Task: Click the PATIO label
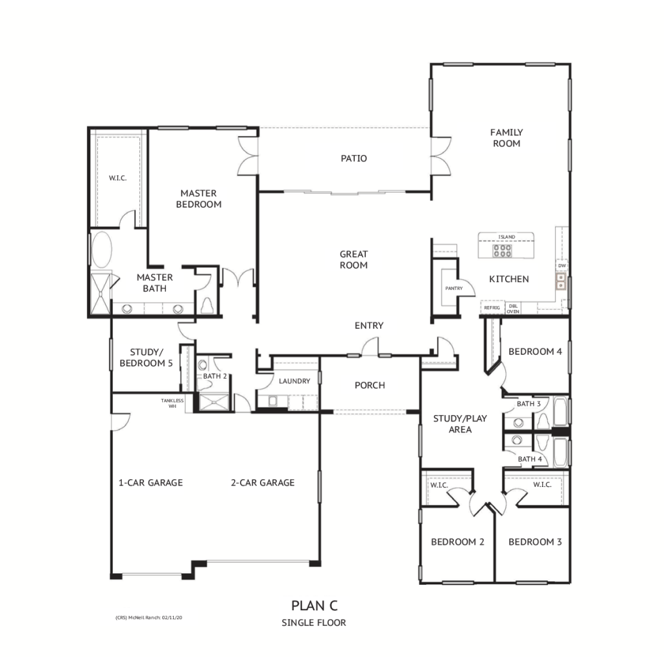click(353, 158)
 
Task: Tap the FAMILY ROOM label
click(506, 138)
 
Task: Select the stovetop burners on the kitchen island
click(503, 251)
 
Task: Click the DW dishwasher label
click(562, 265)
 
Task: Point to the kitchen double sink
click(561, 281)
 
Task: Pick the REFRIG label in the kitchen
click(492, 307)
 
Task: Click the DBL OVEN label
click(513, 309)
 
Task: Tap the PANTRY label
click(454, 289)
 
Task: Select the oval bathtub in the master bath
click(102, 250)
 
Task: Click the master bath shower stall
click(101, 293)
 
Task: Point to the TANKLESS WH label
click(172, 403)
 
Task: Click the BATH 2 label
click(215, 376)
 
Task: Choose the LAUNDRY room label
click(294, 381)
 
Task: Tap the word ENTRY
click(369, 326)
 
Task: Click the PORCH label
click(370, 385)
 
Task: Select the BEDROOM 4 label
click(535, 351)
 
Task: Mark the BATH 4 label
click(530, 459)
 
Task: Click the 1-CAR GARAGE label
click(150, 482)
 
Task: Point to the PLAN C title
click(314, 606)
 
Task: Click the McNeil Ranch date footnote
click(148, 618)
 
